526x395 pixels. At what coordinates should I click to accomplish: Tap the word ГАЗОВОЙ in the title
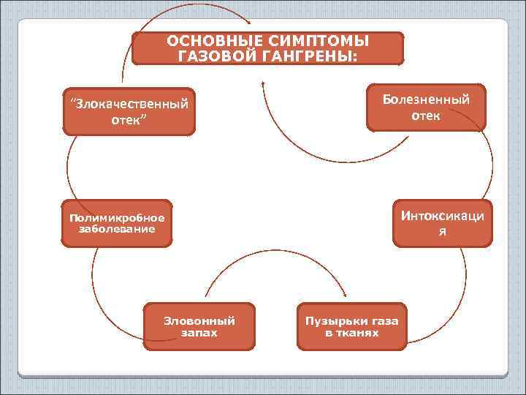click(212, 56)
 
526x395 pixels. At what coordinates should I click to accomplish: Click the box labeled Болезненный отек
click(426, 107)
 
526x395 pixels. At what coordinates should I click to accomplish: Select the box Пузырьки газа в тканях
click(351, 326)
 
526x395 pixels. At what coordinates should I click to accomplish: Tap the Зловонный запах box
click(199, 326)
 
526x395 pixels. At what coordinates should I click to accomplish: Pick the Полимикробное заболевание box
click(117, 223)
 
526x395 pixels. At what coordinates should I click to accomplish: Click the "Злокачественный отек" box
click(129, 111)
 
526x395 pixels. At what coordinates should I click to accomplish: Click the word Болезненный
click(426, 99)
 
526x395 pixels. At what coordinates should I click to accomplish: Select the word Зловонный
click(199, 320)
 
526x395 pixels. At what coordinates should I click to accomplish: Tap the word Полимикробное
click(117, 217)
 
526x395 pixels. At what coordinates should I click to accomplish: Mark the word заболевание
click(117, 229)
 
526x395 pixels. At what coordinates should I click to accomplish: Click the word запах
click(199, 333)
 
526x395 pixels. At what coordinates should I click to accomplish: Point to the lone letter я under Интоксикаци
click(442, 232)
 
